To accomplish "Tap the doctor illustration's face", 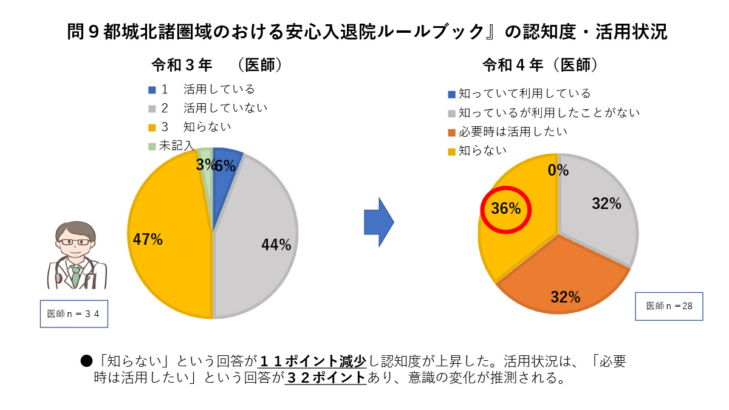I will pyautogui.click(x=74, y=242).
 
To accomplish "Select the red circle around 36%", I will pyautogui.click(x=506, y=209).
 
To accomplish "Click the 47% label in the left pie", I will pyautogui.click(x=148, y=239).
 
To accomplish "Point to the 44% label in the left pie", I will pyautogui.click(x=276, y=245).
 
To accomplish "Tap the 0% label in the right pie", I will pyautogui.click(x=558, y=171).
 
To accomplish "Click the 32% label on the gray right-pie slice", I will pyautogui.click(x=606, y=204).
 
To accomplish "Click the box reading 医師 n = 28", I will pyautogui.click(x=669, y=306).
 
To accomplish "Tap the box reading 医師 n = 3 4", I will pyautogui.click(x=74, y=313).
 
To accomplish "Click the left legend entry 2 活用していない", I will pyautogui.click(x=207, y=108).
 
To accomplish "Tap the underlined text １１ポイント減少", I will pyautogui.click(x=312, y=361).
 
